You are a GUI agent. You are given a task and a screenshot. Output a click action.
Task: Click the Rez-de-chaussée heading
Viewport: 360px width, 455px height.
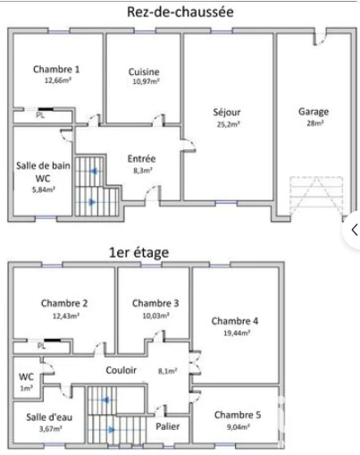point(180,13)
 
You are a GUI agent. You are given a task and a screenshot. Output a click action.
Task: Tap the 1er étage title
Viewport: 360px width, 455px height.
point(139,253)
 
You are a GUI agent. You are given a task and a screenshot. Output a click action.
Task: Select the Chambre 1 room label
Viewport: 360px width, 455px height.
point(56,70)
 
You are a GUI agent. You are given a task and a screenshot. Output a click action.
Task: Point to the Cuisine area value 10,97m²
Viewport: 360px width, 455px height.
point(146,81)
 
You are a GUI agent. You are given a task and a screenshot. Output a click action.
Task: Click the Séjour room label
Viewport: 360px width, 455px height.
point(227,113)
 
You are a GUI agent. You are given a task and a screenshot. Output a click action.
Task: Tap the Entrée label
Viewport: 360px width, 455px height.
point(141,159)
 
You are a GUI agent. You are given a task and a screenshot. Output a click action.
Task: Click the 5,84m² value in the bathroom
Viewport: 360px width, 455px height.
point(44,190)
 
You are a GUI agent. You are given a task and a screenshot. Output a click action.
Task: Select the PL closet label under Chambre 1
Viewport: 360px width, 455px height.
point(40,115)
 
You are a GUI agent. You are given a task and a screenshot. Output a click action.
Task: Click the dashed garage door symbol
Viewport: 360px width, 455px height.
point(316,197)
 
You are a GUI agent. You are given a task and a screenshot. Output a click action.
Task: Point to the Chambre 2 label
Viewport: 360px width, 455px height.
point(64,303)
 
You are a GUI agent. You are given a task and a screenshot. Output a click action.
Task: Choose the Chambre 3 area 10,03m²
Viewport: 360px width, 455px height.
point(156,316)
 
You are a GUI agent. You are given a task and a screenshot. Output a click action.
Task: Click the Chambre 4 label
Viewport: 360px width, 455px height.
point(235,321)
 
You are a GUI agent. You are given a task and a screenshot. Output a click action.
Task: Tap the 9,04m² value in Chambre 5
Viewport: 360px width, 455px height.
point(239,427)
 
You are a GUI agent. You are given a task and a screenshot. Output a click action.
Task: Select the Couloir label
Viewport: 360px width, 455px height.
point(121,370)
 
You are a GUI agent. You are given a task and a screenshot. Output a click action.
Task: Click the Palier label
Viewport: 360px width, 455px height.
point(168,426)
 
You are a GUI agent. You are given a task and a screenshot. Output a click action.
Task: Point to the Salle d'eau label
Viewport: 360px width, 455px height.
point(49,417)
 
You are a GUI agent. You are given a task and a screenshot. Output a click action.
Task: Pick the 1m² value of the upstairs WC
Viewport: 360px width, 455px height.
point(26,389)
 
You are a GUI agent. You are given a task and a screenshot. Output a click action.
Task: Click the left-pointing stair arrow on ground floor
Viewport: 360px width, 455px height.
point(94,171)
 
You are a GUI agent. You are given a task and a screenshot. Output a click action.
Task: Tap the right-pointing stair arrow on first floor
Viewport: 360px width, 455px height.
point(112,430)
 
